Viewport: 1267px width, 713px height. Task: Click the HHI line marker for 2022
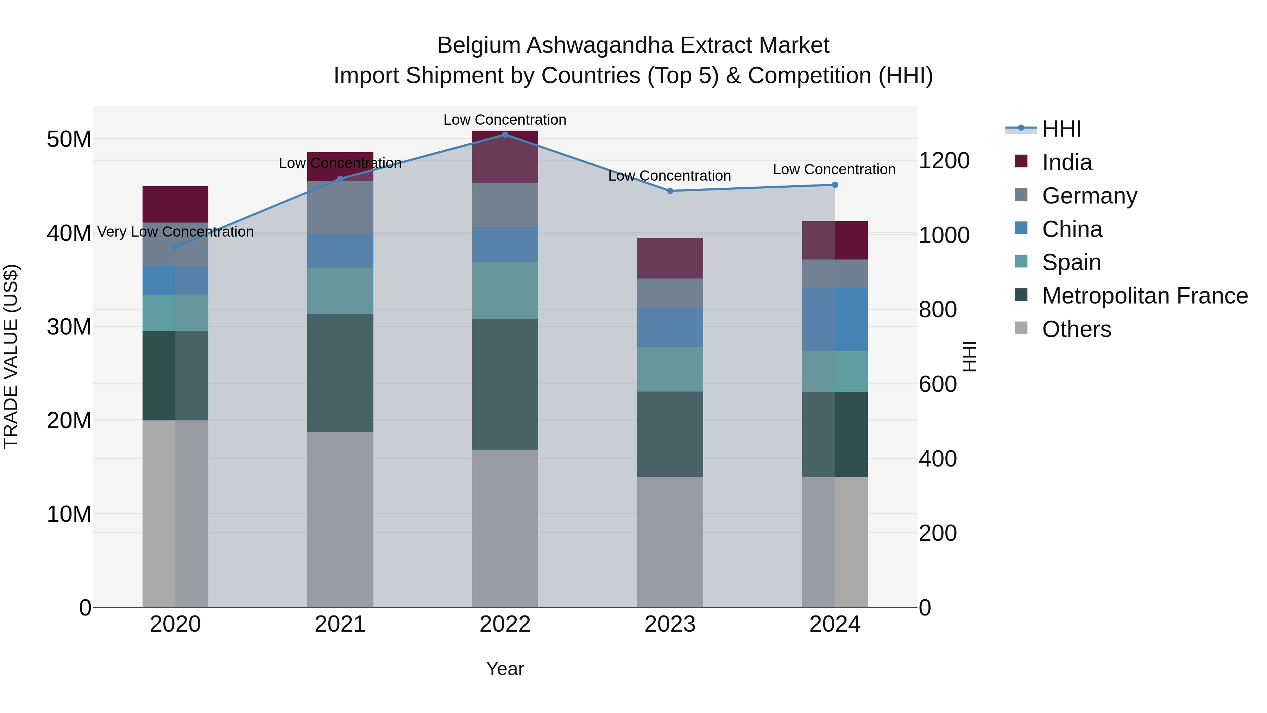505,135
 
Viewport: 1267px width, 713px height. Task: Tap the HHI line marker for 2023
670,191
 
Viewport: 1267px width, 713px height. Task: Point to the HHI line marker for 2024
835,185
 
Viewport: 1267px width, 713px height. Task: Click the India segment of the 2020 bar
175,204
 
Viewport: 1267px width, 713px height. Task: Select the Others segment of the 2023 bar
670,541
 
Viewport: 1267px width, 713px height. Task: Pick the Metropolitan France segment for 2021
340,373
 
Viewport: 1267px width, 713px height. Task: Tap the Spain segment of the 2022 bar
505,290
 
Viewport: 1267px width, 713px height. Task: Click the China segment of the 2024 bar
835,319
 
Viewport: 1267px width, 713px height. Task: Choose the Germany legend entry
1089,196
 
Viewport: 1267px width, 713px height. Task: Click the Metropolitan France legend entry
1144,296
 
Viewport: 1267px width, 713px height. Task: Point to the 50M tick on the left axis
69,139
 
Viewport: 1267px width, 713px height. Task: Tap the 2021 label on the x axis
340,624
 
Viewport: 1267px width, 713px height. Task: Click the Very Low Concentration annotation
175,232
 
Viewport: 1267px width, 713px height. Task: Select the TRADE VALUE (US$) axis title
11,356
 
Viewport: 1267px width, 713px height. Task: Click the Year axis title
505,669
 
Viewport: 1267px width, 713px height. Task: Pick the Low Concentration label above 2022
505,120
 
